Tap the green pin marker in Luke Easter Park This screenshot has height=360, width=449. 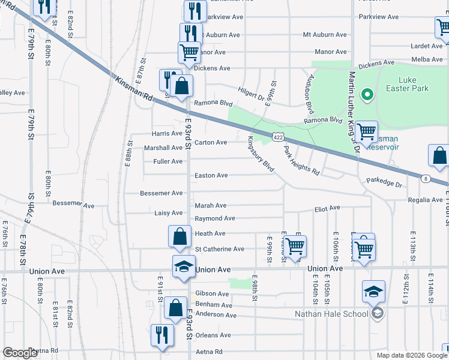pos(364,95)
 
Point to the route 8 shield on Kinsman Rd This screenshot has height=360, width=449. pos(424,178)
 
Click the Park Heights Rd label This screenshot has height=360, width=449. pos(301,160)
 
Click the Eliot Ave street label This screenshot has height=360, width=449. pos(327,208)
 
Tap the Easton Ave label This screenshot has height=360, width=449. pos(211,175)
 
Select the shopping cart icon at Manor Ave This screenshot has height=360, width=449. pos(189,52)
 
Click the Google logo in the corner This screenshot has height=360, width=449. pos(20,353)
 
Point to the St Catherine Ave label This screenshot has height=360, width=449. pos(220,249)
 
